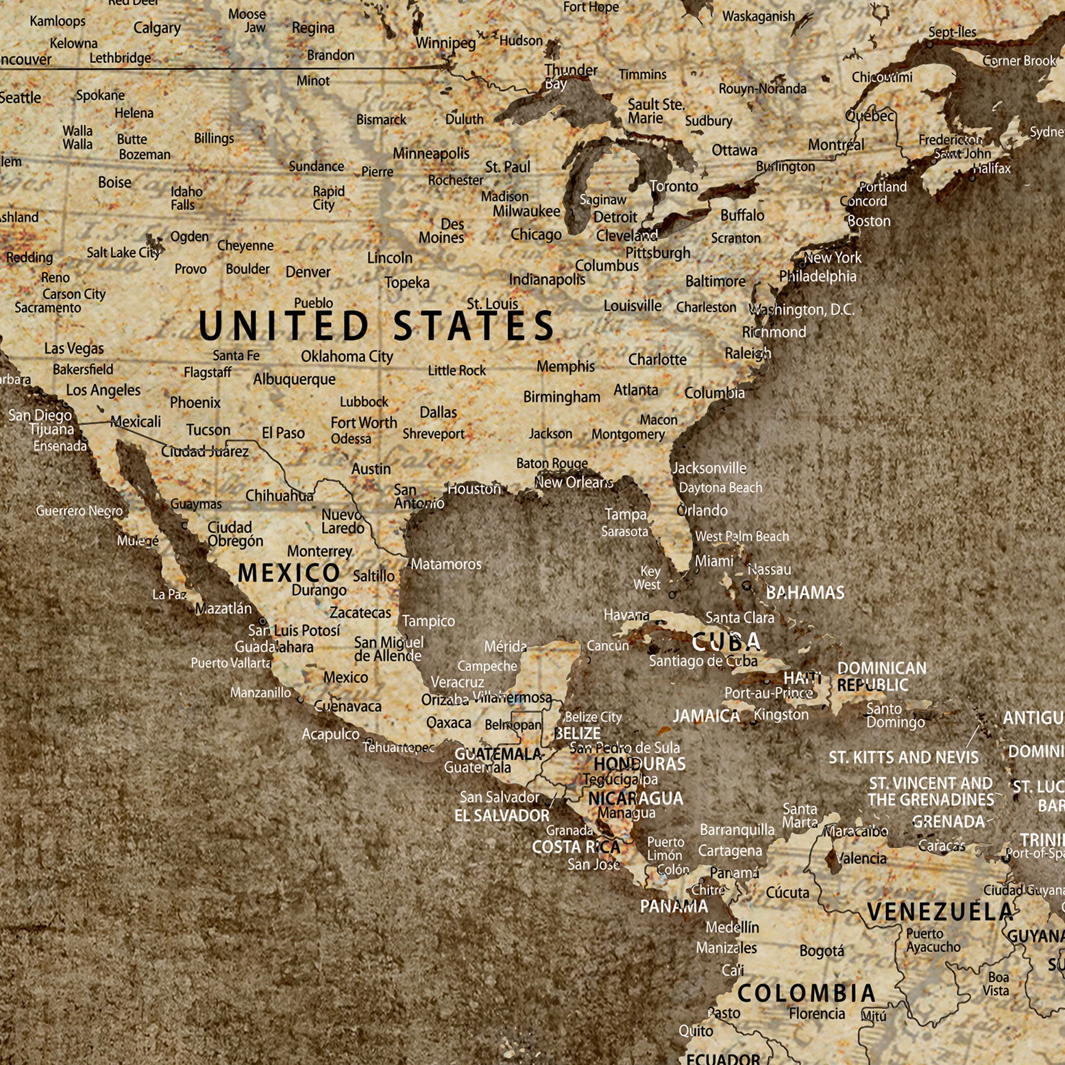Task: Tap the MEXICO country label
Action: [288, 574]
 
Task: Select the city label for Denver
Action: [308, 272]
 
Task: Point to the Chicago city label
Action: [536, 234]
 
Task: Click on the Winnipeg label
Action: [445, 43]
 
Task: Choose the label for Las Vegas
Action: [74, 348]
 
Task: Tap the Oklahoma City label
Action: [347, 357]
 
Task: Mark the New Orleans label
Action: [574, 482]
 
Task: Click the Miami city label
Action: [714, 561]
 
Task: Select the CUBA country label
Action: [726, 642]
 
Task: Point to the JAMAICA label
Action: [706, 716]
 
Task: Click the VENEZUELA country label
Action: [940, 912]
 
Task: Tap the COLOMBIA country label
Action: [806, 993]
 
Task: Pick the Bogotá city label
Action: [821, 951]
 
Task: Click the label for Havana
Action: [626, 615]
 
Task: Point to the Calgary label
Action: [157, 28]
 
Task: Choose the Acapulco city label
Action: [330, 734]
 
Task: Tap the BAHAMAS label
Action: [805, 593]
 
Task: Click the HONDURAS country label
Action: [640, 764]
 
